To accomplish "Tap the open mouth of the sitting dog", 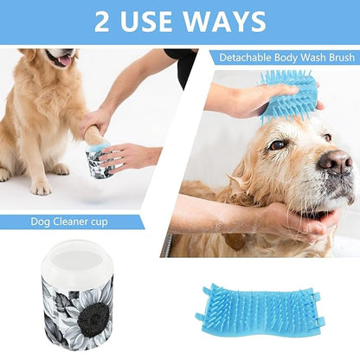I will click(x=63, y=60).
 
